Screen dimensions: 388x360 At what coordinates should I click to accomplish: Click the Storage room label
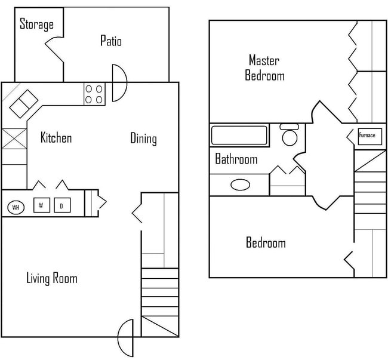pos(36,24)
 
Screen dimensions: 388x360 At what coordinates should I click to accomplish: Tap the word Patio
pos(111,41)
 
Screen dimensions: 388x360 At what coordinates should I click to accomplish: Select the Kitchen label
pos(56,137)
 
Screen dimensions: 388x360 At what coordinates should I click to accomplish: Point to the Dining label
pos(143,139)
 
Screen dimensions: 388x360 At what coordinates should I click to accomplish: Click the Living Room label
pos(52,278)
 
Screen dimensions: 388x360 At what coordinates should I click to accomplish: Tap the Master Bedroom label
pos(264,67)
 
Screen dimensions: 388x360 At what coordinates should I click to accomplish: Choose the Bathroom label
pos(236,159)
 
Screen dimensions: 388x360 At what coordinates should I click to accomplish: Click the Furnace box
pos(369,136)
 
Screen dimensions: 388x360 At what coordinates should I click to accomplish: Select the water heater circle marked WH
pos(16,207)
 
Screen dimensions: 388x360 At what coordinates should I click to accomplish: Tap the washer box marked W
pos(42,205)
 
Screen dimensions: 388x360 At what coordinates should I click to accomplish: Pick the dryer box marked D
pos(62,205)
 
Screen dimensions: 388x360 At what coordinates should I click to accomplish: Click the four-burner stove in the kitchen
pos(94,94)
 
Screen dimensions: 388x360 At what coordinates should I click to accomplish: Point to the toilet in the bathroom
pos(290,135)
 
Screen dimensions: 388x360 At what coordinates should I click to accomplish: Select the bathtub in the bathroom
pos(239,135)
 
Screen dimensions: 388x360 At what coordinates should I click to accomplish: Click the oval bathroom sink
pos(241,184)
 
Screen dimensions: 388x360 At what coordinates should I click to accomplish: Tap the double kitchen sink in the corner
pos(24,104)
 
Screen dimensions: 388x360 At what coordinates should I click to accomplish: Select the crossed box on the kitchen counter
pos(14,139)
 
